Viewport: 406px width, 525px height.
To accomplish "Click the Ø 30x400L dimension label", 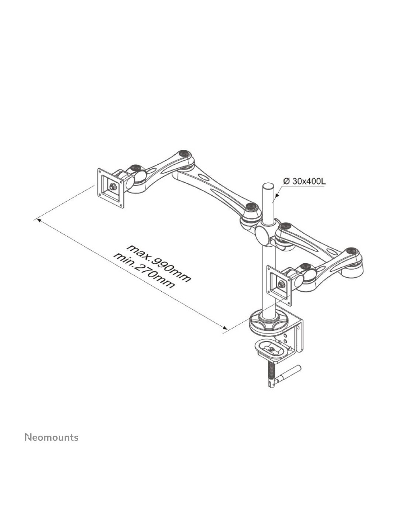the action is click(304, 181).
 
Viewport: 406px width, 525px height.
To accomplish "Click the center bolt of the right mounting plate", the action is click(281, 284).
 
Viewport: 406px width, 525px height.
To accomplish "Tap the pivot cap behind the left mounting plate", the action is click(136, 168).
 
